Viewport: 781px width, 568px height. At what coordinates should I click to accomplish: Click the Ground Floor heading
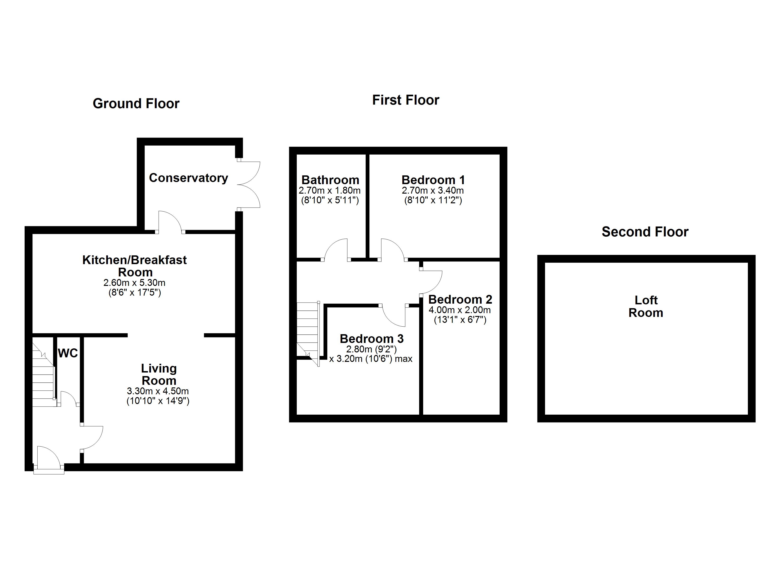coord(136,104)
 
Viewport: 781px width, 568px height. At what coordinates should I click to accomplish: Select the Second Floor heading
coord(645,232)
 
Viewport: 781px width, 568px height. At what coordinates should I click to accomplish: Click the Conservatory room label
coord(188,178)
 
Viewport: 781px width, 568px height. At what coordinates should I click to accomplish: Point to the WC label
coord(68,353)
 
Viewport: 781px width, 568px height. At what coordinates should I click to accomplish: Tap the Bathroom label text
coord(330,180)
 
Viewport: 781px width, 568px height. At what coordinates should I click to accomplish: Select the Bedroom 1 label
coord(433,180)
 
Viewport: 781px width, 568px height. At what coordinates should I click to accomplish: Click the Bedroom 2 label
coord(460,299)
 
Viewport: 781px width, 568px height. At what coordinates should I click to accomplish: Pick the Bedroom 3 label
coord(372,339)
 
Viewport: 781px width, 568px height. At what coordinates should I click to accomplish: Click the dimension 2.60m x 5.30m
coord(134,283)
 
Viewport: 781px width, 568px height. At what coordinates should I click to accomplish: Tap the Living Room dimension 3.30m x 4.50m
coord(158,391)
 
